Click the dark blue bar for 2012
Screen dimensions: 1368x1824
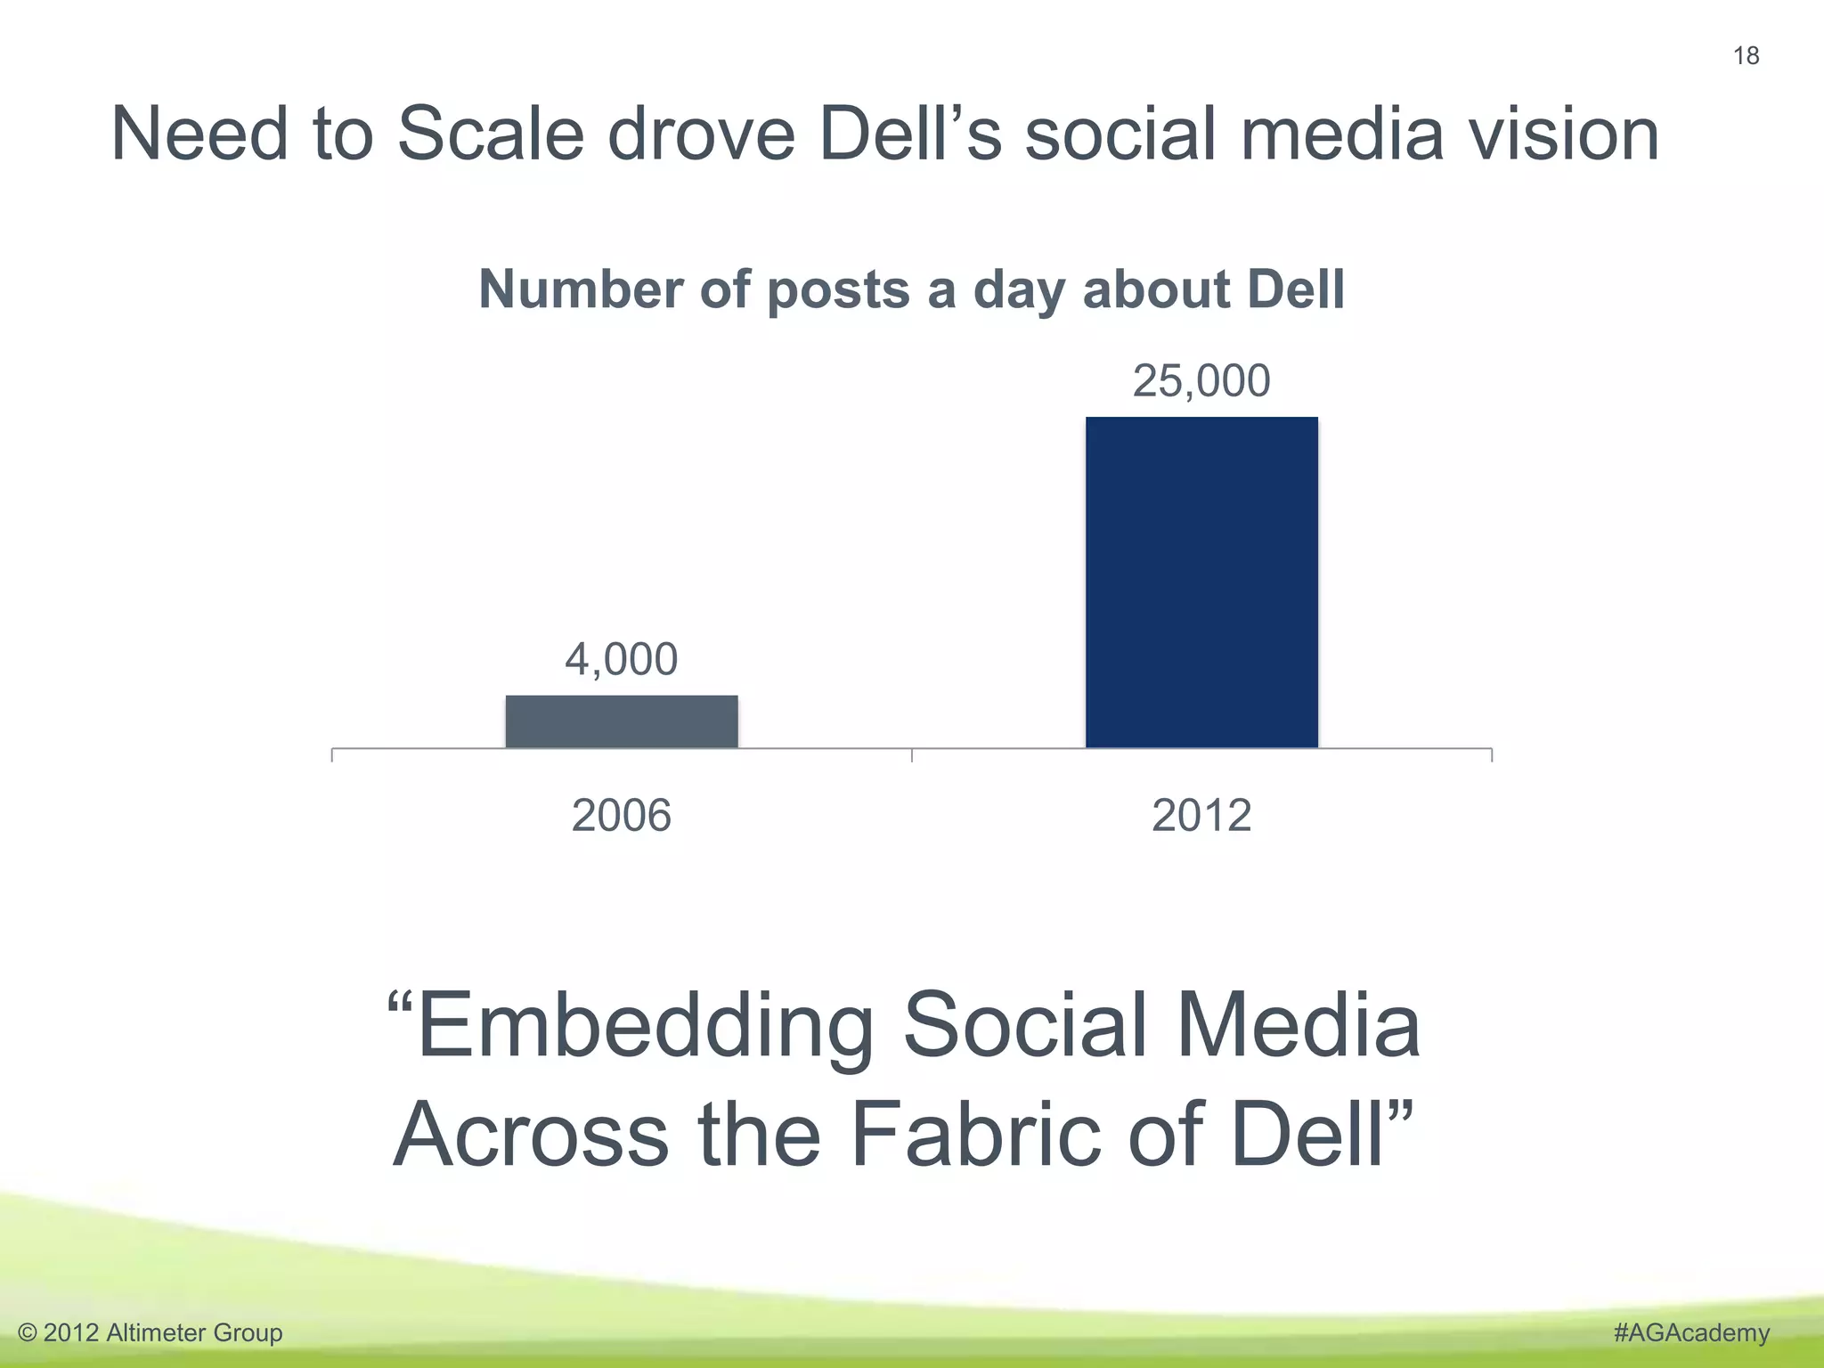coord(1201,582)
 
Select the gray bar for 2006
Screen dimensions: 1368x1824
coord(622,721)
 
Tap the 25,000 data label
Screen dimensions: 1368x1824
coord(1201,381)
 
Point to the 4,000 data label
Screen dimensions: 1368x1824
coord(622,660)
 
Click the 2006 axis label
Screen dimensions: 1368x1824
coord(622,816)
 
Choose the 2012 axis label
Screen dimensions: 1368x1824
coord(1201,816)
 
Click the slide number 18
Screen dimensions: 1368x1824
coord(1746,56)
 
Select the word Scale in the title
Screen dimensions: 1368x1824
coord(490,134)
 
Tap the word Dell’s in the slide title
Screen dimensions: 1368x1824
coord(910,134)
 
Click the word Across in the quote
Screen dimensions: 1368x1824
coord(531,1136)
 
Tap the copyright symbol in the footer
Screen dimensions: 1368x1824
coord(28,1333)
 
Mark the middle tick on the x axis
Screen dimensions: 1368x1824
coord(912,754)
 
